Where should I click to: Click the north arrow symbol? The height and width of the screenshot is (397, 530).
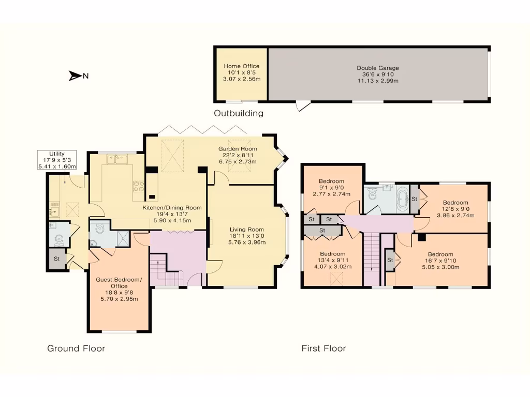point(75,76)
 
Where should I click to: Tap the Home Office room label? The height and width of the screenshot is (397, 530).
point(241,66)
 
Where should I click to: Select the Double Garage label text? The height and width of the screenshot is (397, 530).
point(378,68)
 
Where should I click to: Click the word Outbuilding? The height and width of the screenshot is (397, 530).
point(239,113)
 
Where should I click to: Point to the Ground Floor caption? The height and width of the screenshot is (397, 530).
point(76,348)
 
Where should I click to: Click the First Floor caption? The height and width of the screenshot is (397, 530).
point(324,348)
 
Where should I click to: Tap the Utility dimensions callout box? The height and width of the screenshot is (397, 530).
point(57,160)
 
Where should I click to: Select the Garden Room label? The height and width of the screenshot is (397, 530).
point(238,149)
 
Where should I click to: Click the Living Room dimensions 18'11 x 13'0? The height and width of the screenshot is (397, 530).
point(247,236)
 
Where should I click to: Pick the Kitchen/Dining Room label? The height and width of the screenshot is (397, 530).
point(172,208)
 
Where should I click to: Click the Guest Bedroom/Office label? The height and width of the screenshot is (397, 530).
point(119,283)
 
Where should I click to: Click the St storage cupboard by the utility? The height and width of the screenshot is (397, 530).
point(57,259)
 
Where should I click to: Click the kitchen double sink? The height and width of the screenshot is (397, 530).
point(117,159)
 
